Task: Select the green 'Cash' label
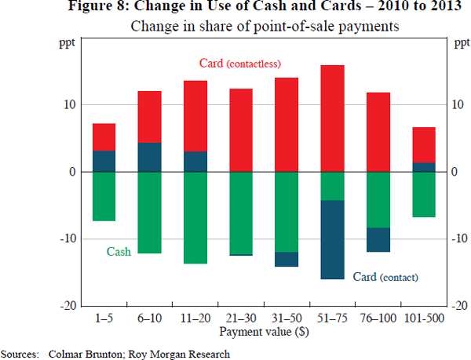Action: point(119,253)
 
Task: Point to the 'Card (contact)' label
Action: point(385,277)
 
